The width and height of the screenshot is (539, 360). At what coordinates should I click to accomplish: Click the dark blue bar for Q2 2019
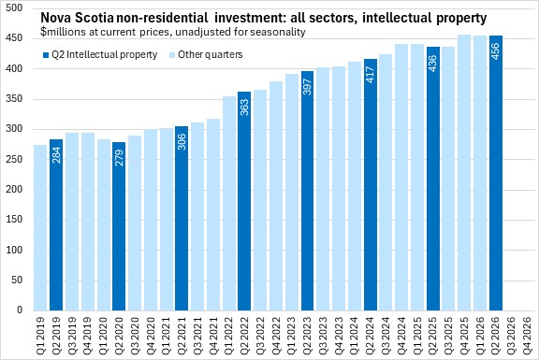tap(56, 224)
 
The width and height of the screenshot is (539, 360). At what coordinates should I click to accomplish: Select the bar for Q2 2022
tap(244, 201)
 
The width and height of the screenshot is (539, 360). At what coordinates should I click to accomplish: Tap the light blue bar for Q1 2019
tap(40, 227)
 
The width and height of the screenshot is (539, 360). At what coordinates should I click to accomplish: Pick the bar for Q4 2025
tap(464, 172)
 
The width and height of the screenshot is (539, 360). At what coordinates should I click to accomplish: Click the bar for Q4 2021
tap(213, 215)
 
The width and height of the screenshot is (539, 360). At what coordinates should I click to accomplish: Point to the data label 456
tap(496, 50)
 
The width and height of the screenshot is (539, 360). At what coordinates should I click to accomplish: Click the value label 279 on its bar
tap(119, 157)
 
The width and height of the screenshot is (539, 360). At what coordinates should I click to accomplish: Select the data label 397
tap(307, 86)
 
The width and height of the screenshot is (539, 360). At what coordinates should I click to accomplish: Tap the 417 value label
tap(371, 74)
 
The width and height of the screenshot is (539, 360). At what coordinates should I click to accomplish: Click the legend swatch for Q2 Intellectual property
tap(46, 54)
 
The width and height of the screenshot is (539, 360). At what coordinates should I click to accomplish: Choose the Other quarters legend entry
tap(206, 54)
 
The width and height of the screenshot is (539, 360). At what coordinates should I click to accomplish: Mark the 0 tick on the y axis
tap(20, 310)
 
